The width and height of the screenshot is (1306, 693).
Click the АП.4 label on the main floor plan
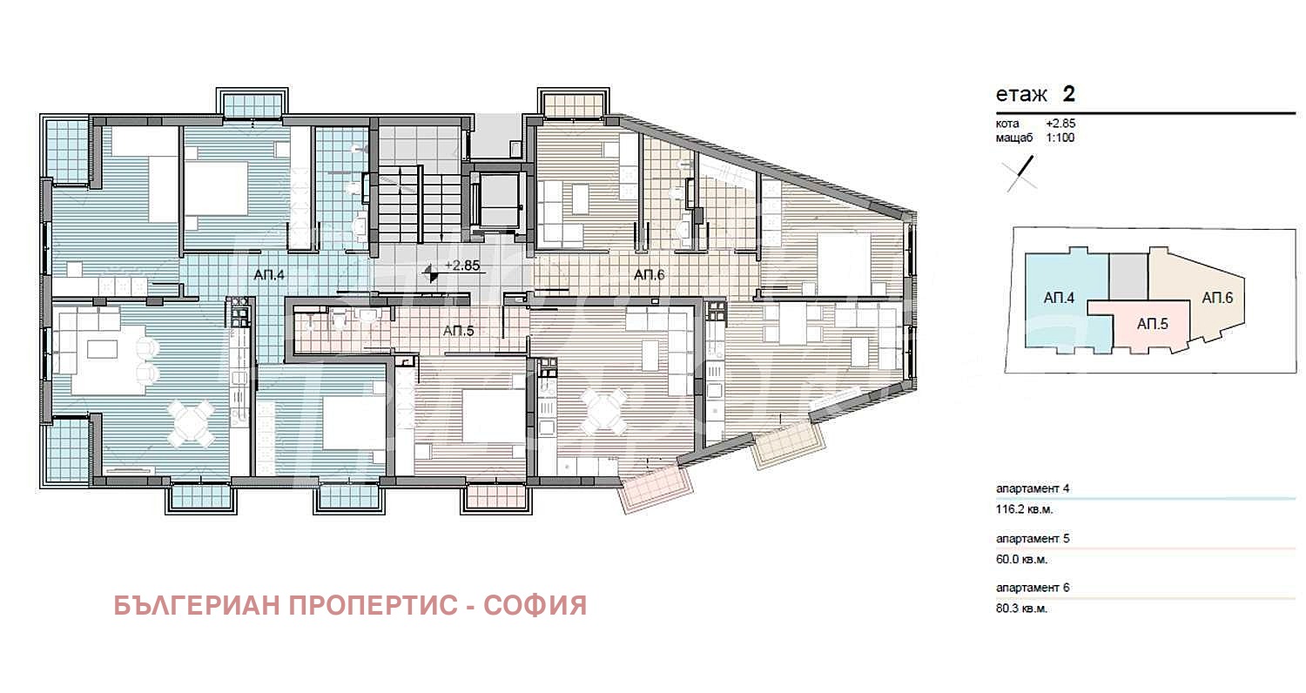269,275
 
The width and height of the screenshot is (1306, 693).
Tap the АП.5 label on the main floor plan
458,331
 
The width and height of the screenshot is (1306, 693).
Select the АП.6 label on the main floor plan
649,274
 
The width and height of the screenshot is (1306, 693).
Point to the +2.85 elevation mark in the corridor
462,266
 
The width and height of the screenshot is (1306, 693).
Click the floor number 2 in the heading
1068,94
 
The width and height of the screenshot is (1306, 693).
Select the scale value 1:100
1060,138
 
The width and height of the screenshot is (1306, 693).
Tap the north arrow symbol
1020,173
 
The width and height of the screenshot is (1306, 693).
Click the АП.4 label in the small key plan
1059,298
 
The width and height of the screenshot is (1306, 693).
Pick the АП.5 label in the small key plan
1152,324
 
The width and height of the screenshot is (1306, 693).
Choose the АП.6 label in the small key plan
1217,298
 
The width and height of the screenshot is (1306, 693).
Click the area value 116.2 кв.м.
1025,509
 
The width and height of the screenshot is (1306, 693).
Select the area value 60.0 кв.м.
1021,560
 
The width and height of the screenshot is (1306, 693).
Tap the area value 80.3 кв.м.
1021,609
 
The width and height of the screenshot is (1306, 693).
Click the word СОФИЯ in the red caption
535,606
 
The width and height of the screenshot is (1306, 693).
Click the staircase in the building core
419,204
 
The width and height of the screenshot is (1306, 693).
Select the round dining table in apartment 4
191,423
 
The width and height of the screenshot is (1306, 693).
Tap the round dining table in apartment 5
604,412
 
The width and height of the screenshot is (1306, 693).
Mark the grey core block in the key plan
1128,278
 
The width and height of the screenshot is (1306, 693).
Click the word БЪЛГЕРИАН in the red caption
197,606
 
